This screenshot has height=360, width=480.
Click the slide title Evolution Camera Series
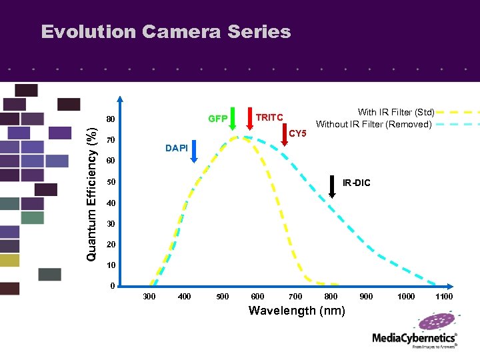166,32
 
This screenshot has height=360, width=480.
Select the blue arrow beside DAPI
194,151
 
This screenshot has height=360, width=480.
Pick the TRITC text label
270,117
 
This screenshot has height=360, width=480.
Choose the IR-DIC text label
356,183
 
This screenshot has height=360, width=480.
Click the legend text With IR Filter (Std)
396,113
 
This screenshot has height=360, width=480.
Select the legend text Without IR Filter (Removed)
375,124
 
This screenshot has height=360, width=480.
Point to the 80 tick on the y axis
111,120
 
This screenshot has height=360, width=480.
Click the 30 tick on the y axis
111,224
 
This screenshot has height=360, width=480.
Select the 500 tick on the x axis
222,297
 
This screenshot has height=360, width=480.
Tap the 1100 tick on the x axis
443,297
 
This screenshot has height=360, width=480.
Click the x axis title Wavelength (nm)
297,311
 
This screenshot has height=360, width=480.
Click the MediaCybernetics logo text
414,338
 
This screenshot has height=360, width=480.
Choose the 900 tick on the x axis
367,297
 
